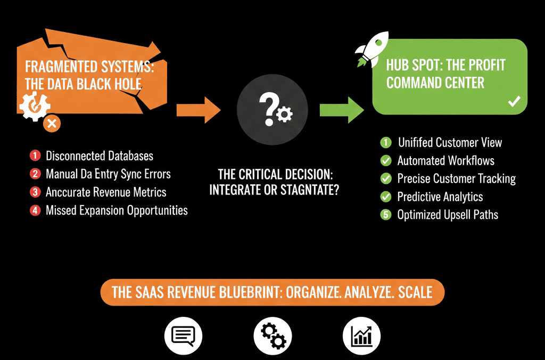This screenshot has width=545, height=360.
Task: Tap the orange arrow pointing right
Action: point(199,110)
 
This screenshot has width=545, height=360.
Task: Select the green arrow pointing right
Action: point(342,110)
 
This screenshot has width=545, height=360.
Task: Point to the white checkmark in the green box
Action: point(514,101)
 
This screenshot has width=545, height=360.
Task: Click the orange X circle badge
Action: point(52,124)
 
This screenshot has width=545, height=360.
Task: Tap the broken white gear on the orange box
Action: point(35,106)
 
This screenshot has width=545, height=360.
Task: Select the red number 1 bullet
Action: point(35,156)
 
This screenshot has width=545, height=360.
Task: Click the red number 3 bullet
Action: point(35,192)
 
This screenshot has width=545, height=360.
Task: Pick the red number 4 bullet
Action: point(35,210)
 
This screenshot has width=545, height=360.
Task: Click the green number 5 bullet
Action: point(386,215)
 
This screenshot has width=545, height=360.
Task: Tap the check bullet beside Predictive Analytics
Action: point(386,197)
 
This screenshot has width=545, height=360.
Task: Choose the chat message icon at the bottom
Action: point(183,336)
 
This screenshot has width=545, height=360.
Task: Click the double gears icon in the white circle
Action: point(273,336)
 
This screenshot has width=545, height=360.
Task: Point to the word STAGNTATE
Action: point(310,190)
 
